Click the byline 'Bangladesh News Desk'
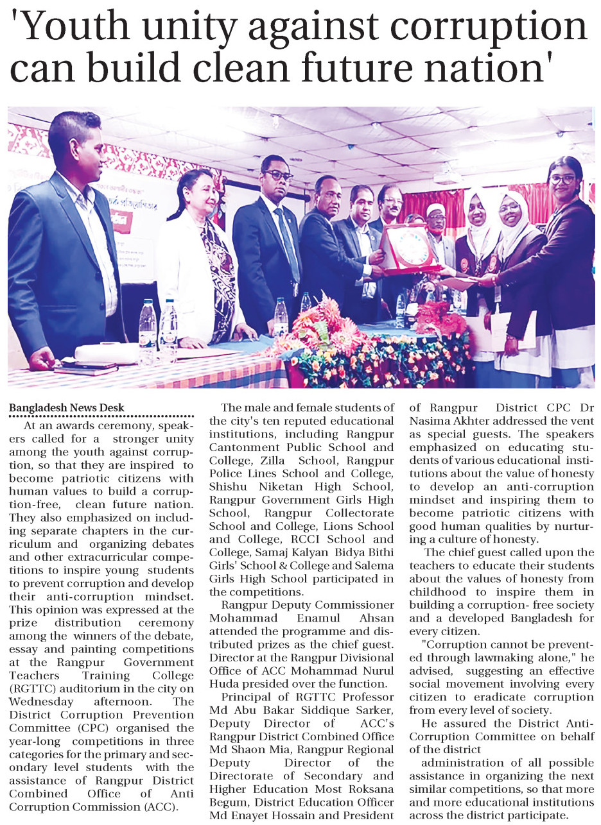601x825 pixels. point(67,407)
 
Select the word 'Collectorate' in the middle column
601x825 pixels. point(360,513)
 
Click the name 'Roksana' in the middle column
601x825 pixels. point(370,790)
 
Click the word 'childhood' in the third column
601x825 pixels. point(438,591)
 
